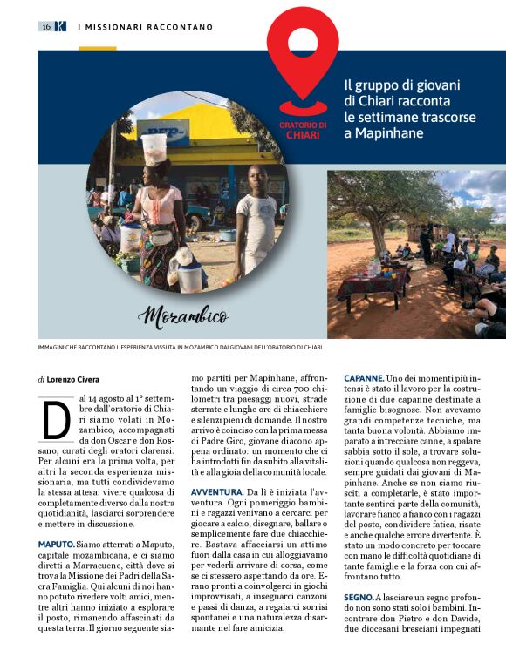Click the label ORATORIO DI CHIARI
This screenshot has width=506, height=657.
click(x=303, y=131)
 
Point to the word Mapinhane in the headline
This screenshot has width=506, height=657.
click(x=384, y=132)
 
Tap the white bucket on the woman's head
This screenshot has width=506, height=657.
click(x=154, y=147)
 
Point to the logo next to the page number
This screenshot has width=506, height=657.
click(x=60, y=27)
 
